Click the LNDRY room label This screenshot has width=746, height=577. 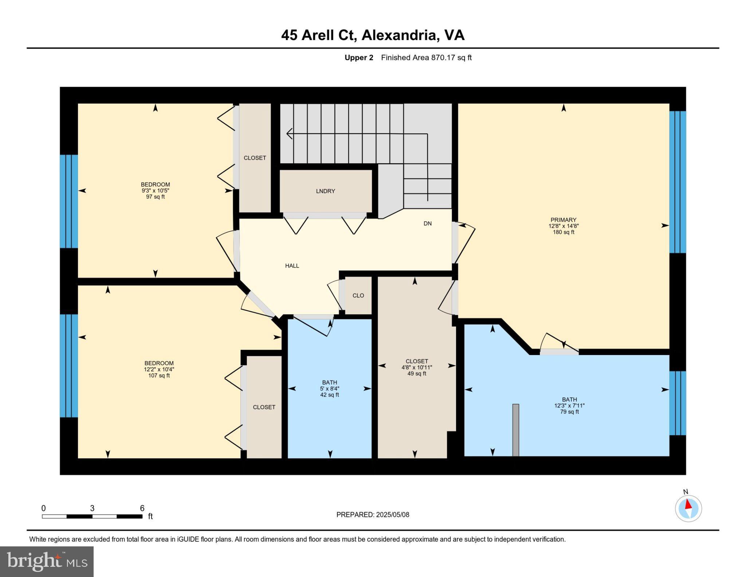[x=325, y=191]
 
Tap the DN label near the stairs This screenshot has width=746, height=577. [x=427, y=223]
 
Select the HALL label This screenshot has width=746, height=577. [x=292, y=266]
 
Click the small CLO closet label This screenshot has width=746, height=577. [x=358, y=296]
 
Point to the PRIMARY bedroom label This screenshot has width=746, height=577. [x=563, y=220]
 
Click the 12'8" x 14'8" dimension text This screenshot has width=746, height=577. [x=563, y=226]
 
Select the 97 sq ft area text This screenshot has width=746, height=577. [x=155, y=197]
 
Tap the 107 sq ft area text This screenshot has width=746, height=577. [x=159, y=375]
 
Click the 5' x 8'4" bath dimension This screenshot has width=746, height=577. [x=329, y=389]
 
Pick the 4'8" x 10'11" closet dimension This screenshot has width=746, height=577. [x=417, y=367]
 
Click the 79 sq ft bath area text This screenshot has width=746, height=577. [x=569, y=412]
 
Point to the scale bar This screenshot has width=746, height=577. [x=92, y=516]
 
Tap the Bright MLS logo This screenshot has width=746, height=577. [x=47, y=561]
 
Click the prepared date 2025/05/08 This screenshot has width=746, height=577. [x=392, y=515]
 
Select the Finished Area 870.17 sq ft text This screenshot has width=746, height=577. [x=426, y=58]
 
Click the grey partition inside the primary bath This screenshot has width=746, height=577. [x=515, y=430]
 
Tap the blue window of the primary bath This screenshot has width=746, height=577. [x=678, y=403]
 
